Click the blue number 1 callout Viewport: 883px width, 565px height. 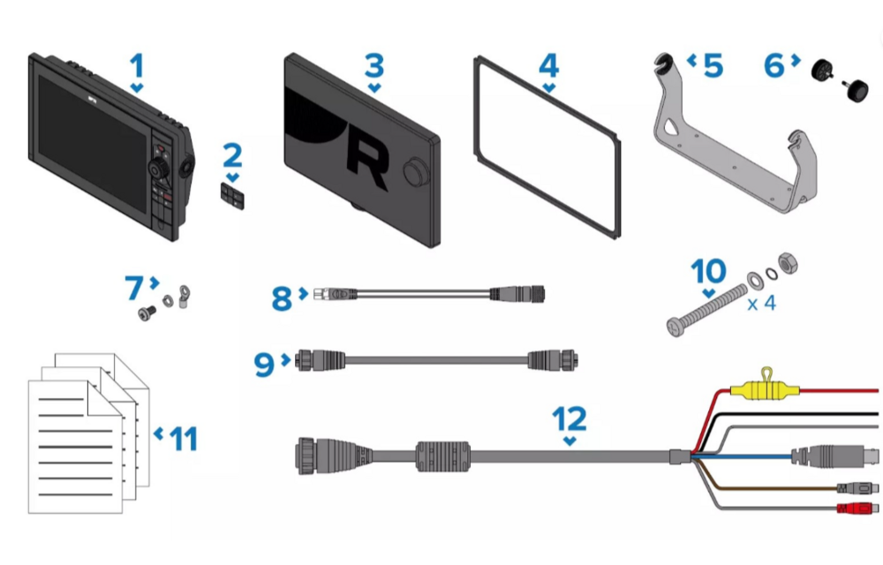click(137, 66)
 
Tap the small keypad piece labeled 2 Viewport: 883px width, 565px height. click(232, 195)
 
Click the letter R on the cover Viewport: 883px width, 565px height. click(367, 163)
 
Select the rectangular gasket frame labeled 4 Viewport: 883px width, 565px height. click(547, 147)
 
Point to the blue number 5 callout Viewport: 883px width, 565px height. click(713, 66)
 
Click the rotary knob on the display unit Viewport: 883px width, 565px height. click(160, 167)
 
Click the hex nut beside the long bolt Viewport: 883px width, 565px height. click(788, 263)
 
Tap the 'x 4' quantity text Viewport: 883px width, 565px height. click(762, 304)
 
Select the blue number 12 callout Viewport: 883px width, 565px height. click(570, 418)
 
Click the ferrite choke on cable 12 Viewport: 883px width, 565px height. click(442, 456)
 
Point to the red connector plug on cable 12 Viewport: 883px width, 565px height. click(857, 508)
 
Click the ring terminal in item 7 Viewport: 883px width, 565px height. click(183, 297)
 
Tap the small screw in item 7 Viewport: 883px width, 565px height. click(147, 312)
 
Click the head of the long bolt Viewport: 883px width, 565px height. click(675, 327)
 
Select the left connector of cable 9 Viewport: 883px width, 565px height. click(320, 360)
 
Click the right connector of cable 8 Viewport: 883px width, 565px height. click(517, 294)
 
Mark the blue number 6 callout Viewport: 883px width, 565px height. click(774, 66)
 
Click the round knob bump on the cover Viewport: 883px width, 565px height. click(416, 171)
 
